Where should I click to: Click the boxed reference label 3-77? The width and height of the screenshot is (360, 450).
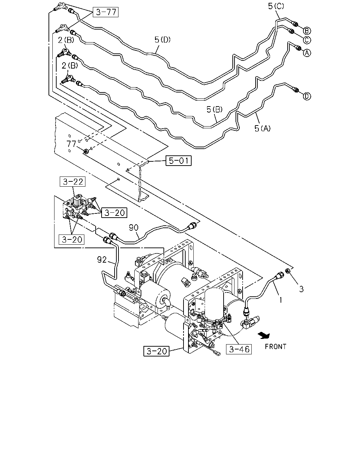pyautogui.click(x=105, y=12)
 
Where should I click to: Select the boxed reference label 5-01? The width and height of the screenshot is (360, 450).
pyautogui.click(x=179, y=161)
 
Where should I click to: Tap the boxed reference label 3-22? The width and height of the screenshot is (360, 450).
pyautogui.click(x=72, y=181)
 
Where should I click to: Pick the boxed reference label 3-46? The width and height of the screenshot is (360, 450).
pyautogui.click(x=239, y=349)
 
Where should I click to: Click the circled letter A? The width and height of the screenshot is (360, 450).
pyautogui.click(x=307, y=53)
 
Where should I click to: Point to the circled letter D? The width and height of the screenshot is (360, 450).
pyautogui.click(x=307, y=96)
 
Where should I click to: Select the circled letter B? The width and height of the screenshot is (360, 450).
pyautogui.click(x=307, y=31)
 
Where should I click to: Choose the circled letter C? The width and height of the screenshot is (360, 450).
pyautogui.click(x=307, y=40)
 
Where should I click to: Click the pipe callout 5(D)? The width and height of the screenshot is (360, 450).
pyautogui.click(x=162, y=39)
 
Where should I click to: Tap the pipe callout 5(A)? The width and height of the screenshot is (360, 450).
pyautogui.click(x=263, y=128)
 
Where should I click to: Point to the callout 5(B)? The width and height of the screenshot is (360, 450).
pyautogui.click(x=214, y=109)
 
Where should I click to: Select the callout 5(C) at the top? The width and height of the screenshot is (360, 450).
pyautogui.click(x=276, y=6)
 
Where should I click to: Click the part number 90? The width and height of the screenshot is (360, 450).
pyautogui.click(x=134, y=227)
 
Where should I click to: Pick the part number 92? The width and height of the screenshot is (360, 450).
pyautogui.click(x=102, y=260)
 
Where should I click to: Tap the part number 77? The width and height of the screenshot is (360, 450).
pyautogui.click(x=71, y=144)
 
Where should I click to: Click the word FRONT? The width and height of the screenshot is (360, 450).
pyautogui.click(x=276, y=347)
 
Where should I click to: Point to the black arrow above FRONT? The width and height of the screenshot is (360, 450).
pyautogui.click(x=264, y=335)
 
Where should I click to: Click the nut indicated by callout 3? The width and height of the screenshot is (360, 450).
pyautogui.click(x=288, y=271)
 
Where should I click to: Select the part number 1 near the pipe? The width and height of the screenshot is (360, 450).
pyautogui.click(x=281, y=300)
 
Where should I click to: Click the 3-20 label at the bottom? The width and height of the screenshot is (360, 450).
pyautogui.click(x=156, y=351)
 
